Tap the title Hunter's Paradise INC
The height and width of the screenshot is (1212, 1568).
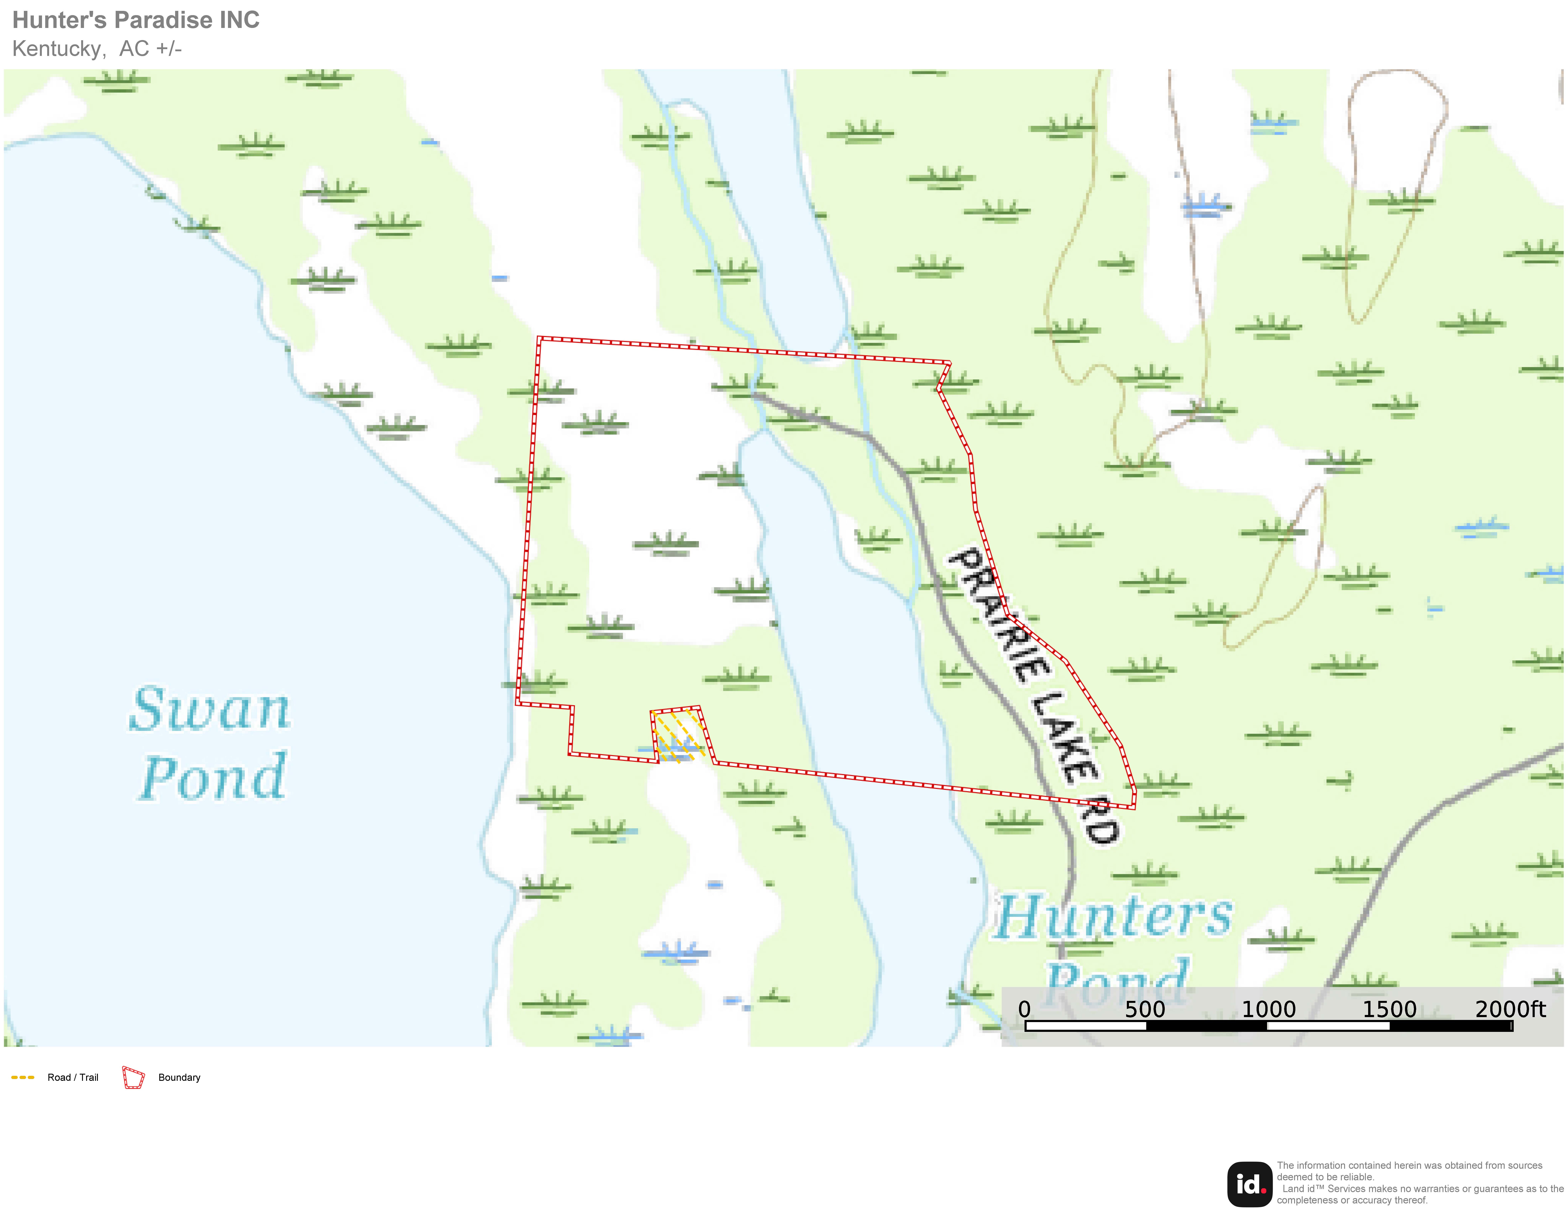[136, 20]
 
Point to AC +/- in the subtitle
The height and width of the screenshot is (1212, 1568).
[151, 49]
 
